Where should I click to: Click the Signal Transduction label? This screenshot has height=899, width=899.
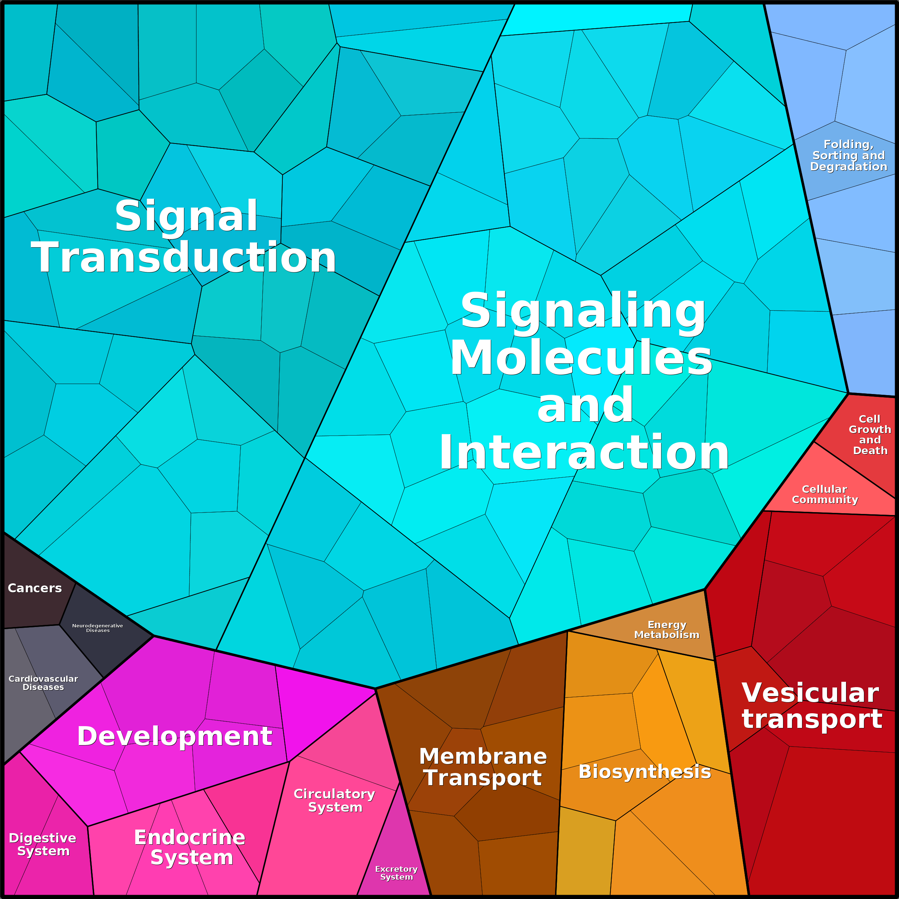(x=184, y=237)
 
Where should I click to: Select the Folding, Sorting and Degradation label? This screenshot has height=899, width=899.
(x=849, y=155)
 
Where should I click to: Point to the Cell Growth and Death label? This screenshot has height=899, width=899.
(x=870, y=434)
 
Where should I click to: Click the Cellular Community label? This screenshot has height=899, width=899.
(x=825, y=494)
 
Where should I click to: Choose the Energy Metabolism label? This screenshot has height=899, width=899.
(x=667, y=630)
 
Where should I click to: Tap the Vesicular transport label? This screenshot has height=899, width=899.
(x=812, y=705)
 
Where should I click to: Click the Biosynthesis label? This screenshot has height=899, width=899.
(x=645, y=772)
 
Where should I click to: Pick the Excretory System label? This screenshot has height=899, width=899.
(x=397, y=873)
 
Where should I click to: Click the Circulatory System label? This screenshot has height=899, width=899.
(x=335, y=800)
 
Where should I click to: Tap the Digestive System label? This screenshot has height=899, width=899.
(x=43, y=845)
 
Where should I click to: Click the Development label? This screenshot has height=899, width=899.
(x=175, y=736)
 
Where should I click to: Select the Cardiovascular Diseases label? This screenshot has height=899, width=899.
(x=43, y=682)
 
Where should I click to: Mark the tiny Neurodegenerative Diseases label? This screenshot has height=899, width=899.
(x=98, y=628)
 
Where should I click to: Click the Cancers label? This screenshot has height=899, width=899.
(x=35, y=588)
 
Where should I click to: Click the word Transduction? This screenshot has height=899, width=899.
(x=184, y=257)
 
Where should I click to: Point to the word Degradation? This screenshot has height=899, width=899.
(x=849, y=166)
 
